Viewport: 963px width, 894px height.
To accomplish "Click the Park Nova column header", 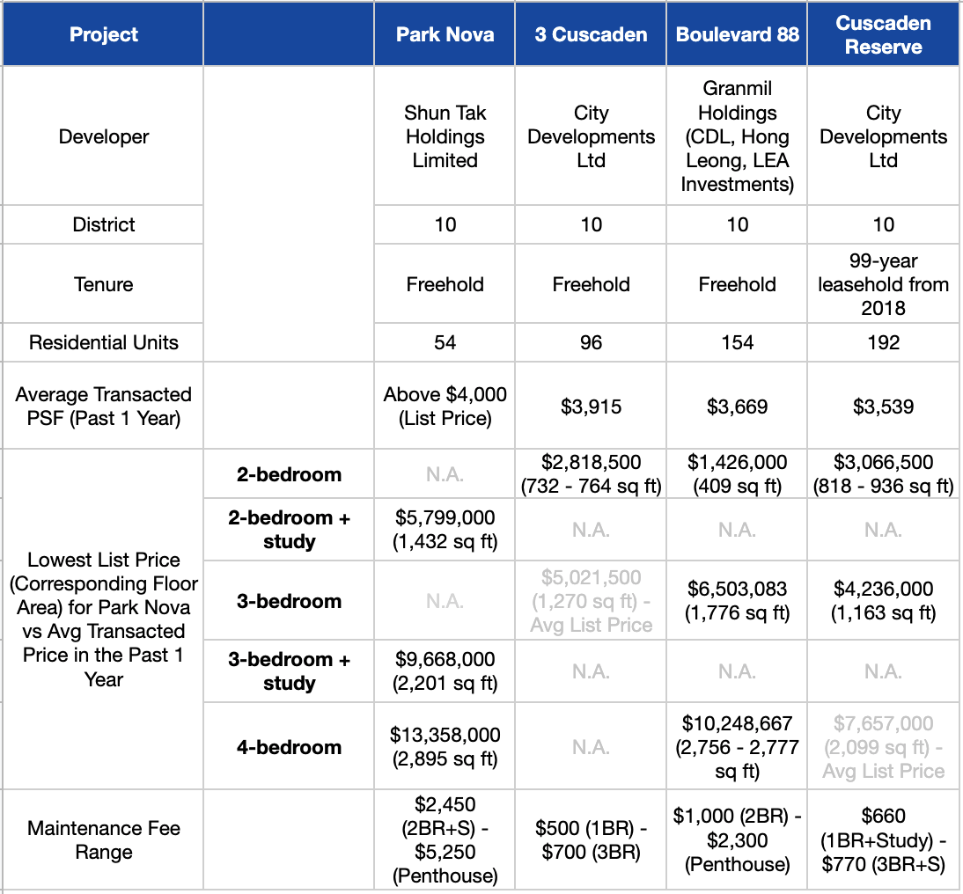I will (445, 35).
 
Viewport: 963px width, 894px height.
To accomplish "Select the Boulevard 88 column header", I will (737, 35).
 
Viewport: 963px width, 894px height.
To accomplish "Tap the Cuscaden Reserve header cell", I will (883, 35).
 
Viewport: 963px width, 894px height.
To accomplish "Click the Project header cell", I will (103, 35).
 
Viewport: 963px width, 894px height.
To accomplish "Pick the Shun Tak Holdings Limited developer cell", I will (445, 136).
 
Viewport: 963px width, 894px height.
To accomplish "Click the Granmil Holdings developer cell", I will (737, 136).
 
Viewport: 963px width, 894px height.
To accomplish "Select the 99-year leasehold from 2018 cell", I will (883, 284).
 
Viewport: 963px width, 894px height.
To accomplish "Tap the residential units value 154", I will (737, 342).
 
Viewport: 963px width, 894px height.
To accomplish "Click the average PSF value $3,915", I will (591, 407).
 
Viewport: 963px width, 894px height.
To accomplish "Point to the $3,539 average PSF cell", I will (883, 407).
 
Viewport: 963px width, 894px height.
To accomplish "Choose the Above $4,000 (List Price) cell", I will (445, 407).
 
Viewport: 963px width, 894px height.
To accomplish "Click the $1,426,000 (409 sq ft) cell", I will (737, 474).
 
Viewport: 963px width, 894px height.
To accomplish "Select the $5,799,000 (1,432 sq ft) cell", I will (445, 530).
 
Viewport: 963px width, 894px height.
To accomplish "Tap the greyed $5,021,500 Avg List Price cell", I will (591, 601).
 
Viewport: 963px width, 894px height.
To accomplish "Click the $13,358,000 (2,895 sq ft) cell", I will (445, 746).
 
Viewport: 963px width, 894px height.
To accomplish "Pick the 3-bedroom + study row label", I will (289, 671).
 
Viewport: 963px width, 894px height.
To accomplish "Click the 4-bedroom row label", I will (289, 747).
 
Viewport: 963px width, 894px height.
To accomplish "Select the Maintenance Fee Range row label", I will (103, 840).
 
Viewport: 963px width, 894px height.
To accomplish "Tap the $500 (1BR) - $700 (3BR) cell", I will (591, 840).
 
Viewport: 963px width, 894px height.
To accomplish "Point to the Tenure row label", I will (103, 284).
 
